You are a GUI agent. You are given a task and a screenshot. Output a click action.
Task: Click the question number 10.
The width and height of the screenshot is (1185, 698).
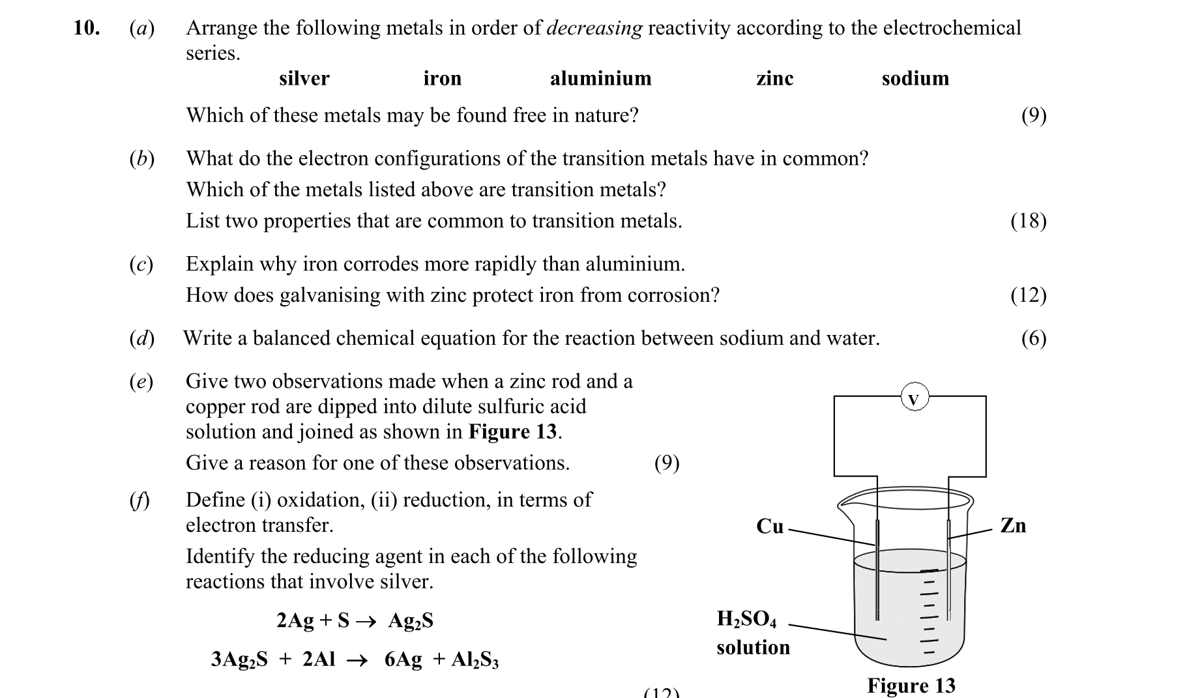(x=86, y=29)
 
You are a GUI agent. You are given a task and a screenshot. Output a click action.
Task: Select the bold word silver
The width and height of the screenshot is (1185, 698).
(x=304, y=79)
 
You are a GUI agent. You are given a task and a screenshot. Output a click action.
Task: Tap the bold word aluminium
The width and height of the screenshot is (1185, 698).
(x=600, y=79)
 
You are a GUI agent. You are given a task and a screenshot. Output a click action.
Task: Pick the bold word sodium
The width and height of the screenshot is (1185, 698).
(x=915, y=79)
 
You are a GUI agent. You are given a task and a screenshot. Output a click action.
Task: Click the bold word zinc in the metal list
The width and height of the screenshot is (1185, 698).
(x=774, y=79)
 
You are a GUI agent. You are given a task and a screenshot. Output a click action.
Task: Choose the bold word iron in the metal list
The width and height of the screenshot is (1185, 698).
(x=442, y=79)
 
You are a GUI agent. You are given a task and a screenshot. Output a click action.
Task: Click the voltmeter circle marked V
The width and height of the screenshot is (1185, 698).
(x=914, y=398)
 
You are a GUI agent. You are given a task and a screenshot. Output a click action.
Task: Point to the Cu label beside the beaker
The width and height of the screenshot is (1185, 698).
(x=769, y=526)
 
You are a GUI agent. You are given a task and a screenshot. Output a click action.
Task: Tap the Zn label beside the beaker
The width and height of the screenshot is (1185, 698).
(x=1012, y=525)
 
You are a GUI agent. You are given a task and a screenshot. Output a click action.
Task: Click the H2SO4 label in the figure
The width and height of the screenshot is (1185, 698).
(x=746, y=618)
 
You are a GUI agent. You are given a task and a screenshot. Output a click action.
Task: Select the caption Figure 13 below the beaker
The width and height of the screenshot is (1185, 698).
(x=911, y=685)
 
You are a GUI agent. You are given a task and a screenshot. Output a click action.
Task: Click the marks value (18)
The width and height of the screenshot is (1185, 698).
(x=1028, y=221)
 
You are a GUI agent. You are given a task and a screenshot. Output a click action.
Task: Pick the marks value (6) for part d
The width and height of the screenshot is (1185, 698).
(x=1033, y=338)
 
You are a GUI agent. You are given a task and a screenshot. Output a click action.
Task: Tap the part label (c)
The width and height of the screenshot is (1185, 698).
(x=141, y=264)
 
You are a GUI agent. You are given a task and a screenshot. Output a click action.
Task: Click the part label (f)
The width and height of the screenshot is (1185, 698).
(x=139, y=500)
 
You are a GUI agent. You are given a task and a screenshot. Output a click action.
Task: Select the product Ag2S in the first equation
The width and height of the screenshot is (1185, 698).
(x=411, y=620)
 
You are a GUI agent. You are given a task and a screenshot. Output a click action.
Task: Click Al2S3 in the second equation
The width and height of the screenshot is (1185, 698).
(x=475, y=660)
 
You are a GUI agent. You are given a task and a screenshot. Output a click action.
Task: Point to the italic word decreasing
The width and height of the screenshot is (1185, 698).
(x=594, y=29)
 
